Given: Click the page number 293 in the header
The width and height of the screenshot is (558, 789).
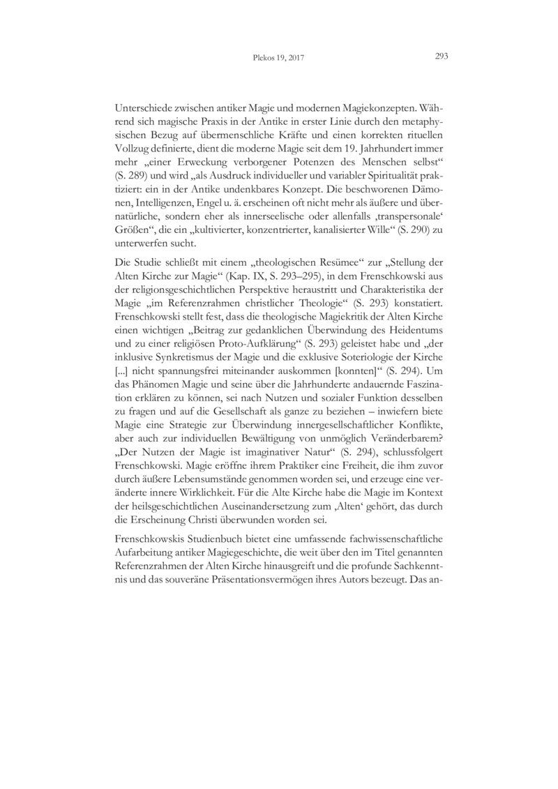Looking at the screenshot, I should pos(440,58).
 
